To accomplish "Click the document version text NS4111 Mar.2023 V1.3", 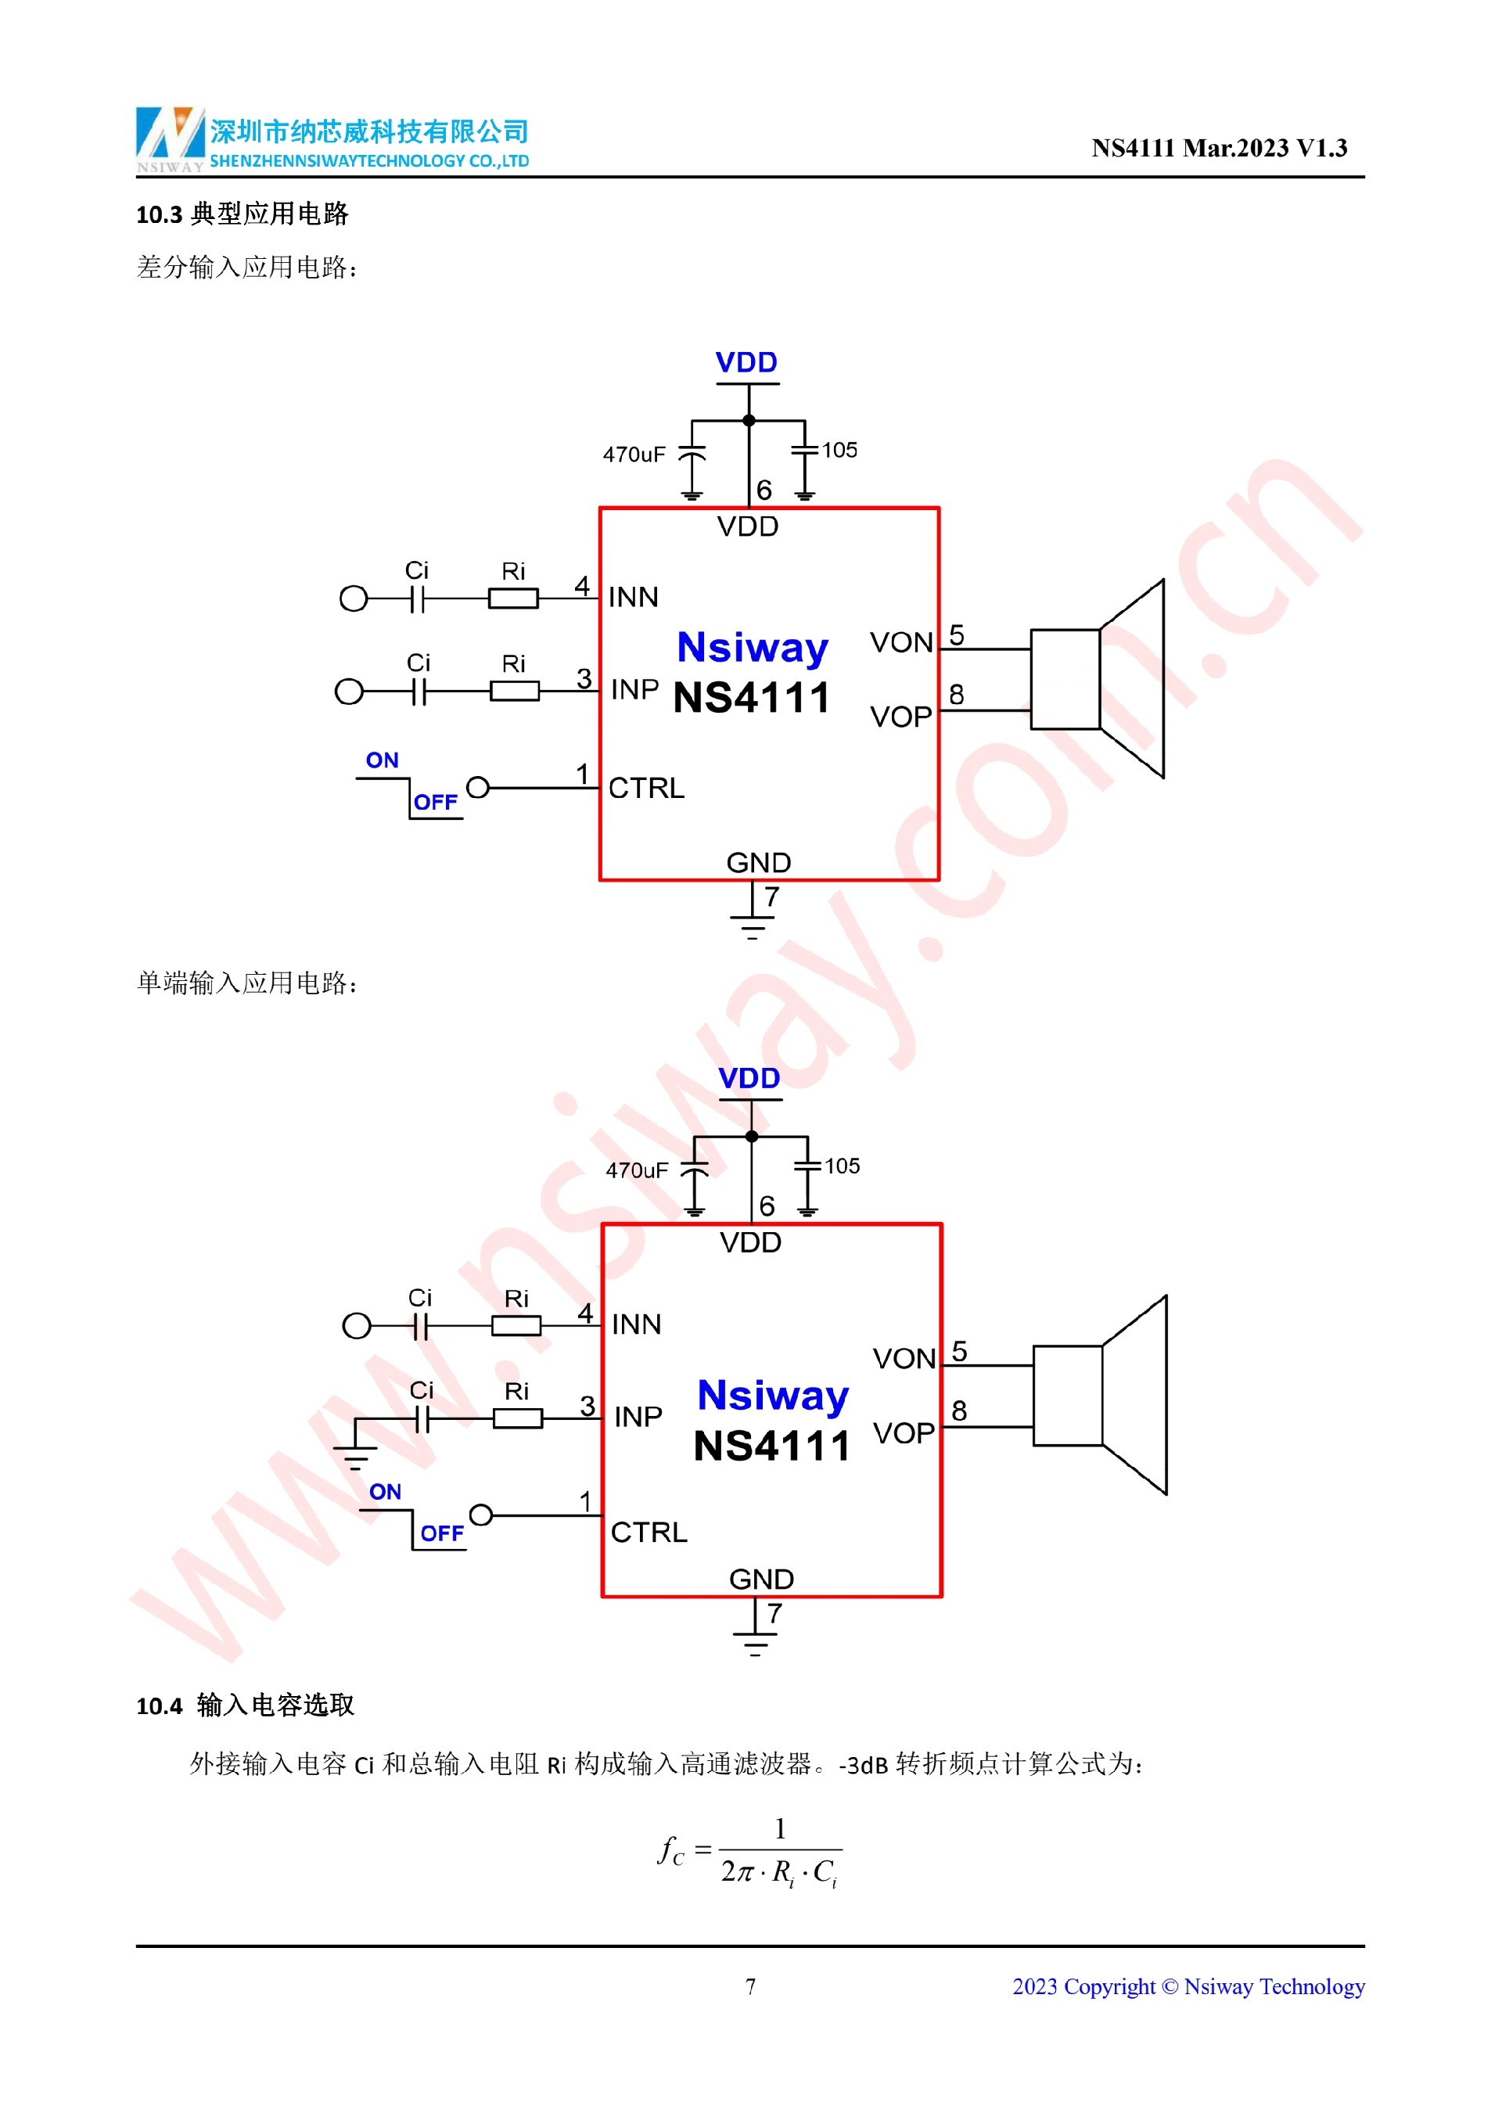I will tap(1218, 148).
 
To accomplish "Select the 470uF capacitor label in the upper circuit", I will tap(634, 455).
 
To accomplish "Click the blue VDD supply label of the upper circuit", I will tap(746, 363).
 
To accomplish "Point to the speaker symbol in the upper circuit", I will tap(1098, 679).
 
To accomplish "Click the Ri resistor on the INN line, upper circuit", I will tap(513, 598).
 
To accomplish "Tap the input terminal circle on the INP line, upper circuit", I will tap(349, 691).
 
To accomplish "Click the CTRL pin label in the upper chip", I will tap(646, 788).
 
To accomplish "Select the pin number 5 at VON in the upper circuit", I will tap(956, 635).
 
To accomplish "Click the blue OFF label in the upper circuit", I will tap(436, 802).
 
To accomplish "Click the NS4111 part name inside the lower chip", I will tap(771, 1446).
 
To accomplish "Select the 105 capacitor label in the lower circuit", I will tap(842, 1166).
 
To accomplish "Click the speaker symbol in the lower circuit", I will tap(1101, 1395).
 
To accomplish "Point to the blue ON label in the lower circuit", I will tap(385, 1492).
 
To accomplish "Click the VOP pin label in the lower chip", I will tap(904, 1433).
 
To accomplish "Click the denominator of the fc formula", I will tap(780, 1872).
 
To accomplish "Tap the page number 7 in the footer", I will tap(750, 1986).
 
